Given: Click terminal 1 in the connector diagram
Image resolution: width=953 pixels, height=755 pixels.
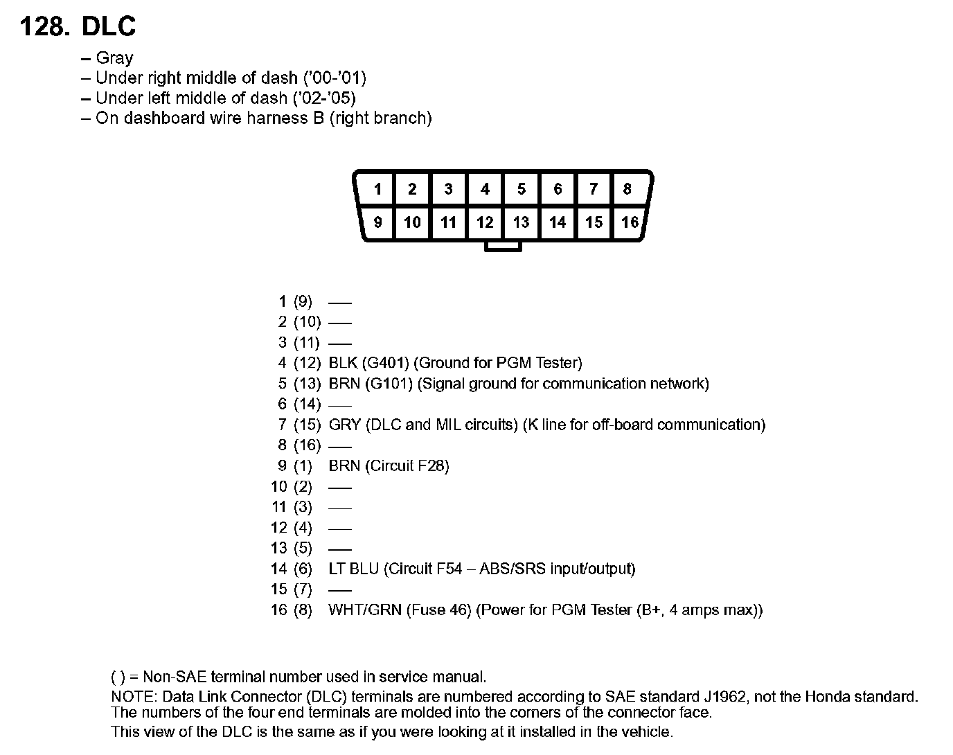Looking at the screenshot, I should [377, 189].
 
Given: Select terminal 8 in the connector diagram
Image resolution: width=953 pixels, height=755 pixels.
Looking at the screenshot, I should [627, 189].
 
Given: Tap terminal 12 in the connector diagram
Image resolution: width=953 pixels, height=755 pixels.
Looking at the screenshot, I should [485, 222].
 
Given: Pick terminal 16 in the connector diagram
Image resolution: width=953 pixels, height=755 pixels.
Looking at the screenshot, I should [630, 222].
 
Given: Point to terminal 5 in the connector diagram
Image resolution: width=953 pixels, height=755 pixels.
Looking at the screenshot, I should [522, 189].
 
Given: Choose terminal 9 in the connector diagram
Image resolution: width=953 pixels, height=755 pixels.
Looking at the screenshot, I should [377, 222].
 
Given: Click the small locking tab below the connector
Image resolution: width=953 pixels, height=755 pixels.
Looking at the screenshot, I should [503, 246].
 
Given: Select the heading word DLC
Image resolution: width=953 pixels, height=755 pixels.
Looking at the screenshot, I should [109, 26].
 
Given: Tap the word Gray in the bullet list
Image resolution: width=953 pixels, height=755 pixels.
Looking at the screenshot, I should [114, 58].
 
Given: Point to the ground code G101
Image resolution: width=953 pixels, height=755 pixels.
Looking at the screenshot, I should [389, 384].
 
